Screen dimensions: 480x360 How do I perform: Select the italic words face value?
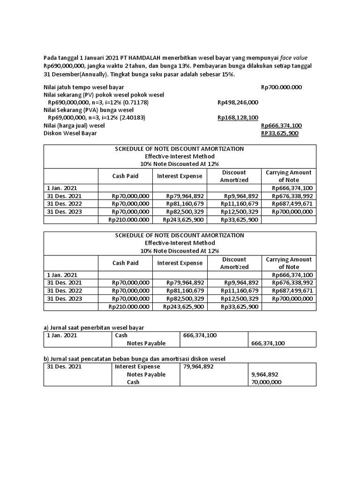coord(300,58)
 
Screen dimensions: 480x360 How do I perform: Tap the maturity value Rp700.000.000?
coord(281,87)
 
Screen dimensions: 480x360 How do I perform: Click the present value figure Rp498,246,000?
coord(238,102)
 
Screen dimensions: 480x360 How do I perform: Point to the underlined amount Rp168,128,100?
coord(238,118)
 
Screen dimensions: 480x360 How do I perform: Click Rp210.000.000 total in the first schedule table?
coord(128,219)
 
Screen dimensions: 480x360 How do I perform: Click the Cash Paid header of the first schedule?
coord(125,176)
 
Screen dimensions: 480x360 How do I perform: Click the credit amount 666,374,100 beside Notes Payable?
coord(268,343)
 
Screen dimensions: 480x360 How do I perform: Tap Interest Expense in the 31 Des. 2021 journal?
coord(137,367)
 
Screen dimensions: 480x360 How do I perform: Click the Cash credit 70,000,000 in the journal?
coord(266,382)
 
